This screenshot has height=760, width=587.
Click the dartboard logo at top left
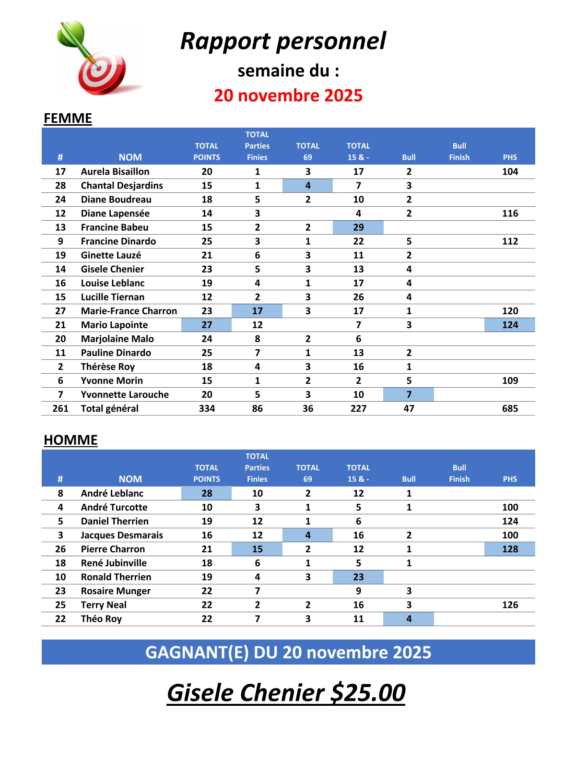[100, 59]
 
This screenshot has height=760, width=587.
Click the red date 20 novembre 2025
[288, 95]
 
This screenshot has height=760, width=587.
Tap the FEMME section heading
[68, 119]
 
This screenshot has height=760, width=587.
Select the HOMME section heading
[70, 440]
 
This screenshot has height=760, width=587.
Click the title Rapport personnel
[283, 41]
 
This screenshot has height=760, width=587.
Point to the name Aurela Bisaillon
[115, 172]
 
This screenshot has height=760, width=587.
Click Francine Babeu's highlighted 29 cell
[358, 227]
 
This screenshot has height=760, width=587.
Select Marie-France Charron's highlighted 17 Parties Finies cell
[257, 311]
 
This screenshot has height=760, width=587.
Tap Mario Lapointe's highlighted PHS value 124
[510, 325]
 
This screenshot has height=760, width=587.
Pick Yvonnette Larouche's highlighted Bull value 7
[409, 394]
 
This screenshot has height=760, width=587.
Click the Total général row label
[109, 408]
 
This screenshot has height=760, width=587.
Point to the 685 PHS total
[510, 408]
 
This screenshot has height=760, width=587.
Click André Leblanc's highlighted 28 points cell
[207, 493]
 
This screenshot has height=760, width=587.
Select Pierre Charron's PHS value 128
[510, 549]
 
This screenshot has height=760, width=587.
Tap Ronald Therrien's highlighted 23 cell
[358, 577]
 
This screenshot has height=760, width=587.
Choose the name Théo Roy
[101, 618]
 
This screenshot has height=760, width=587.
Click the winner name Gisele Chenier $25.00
[286, 693]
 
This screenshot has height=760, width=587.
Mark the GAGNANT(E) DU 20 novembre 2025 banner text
[288, 653]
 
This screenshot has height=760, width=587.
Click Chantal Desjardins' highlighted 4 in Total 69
[307, 186]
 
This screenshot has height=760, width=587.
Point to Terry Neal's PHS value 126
[510, 605]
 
